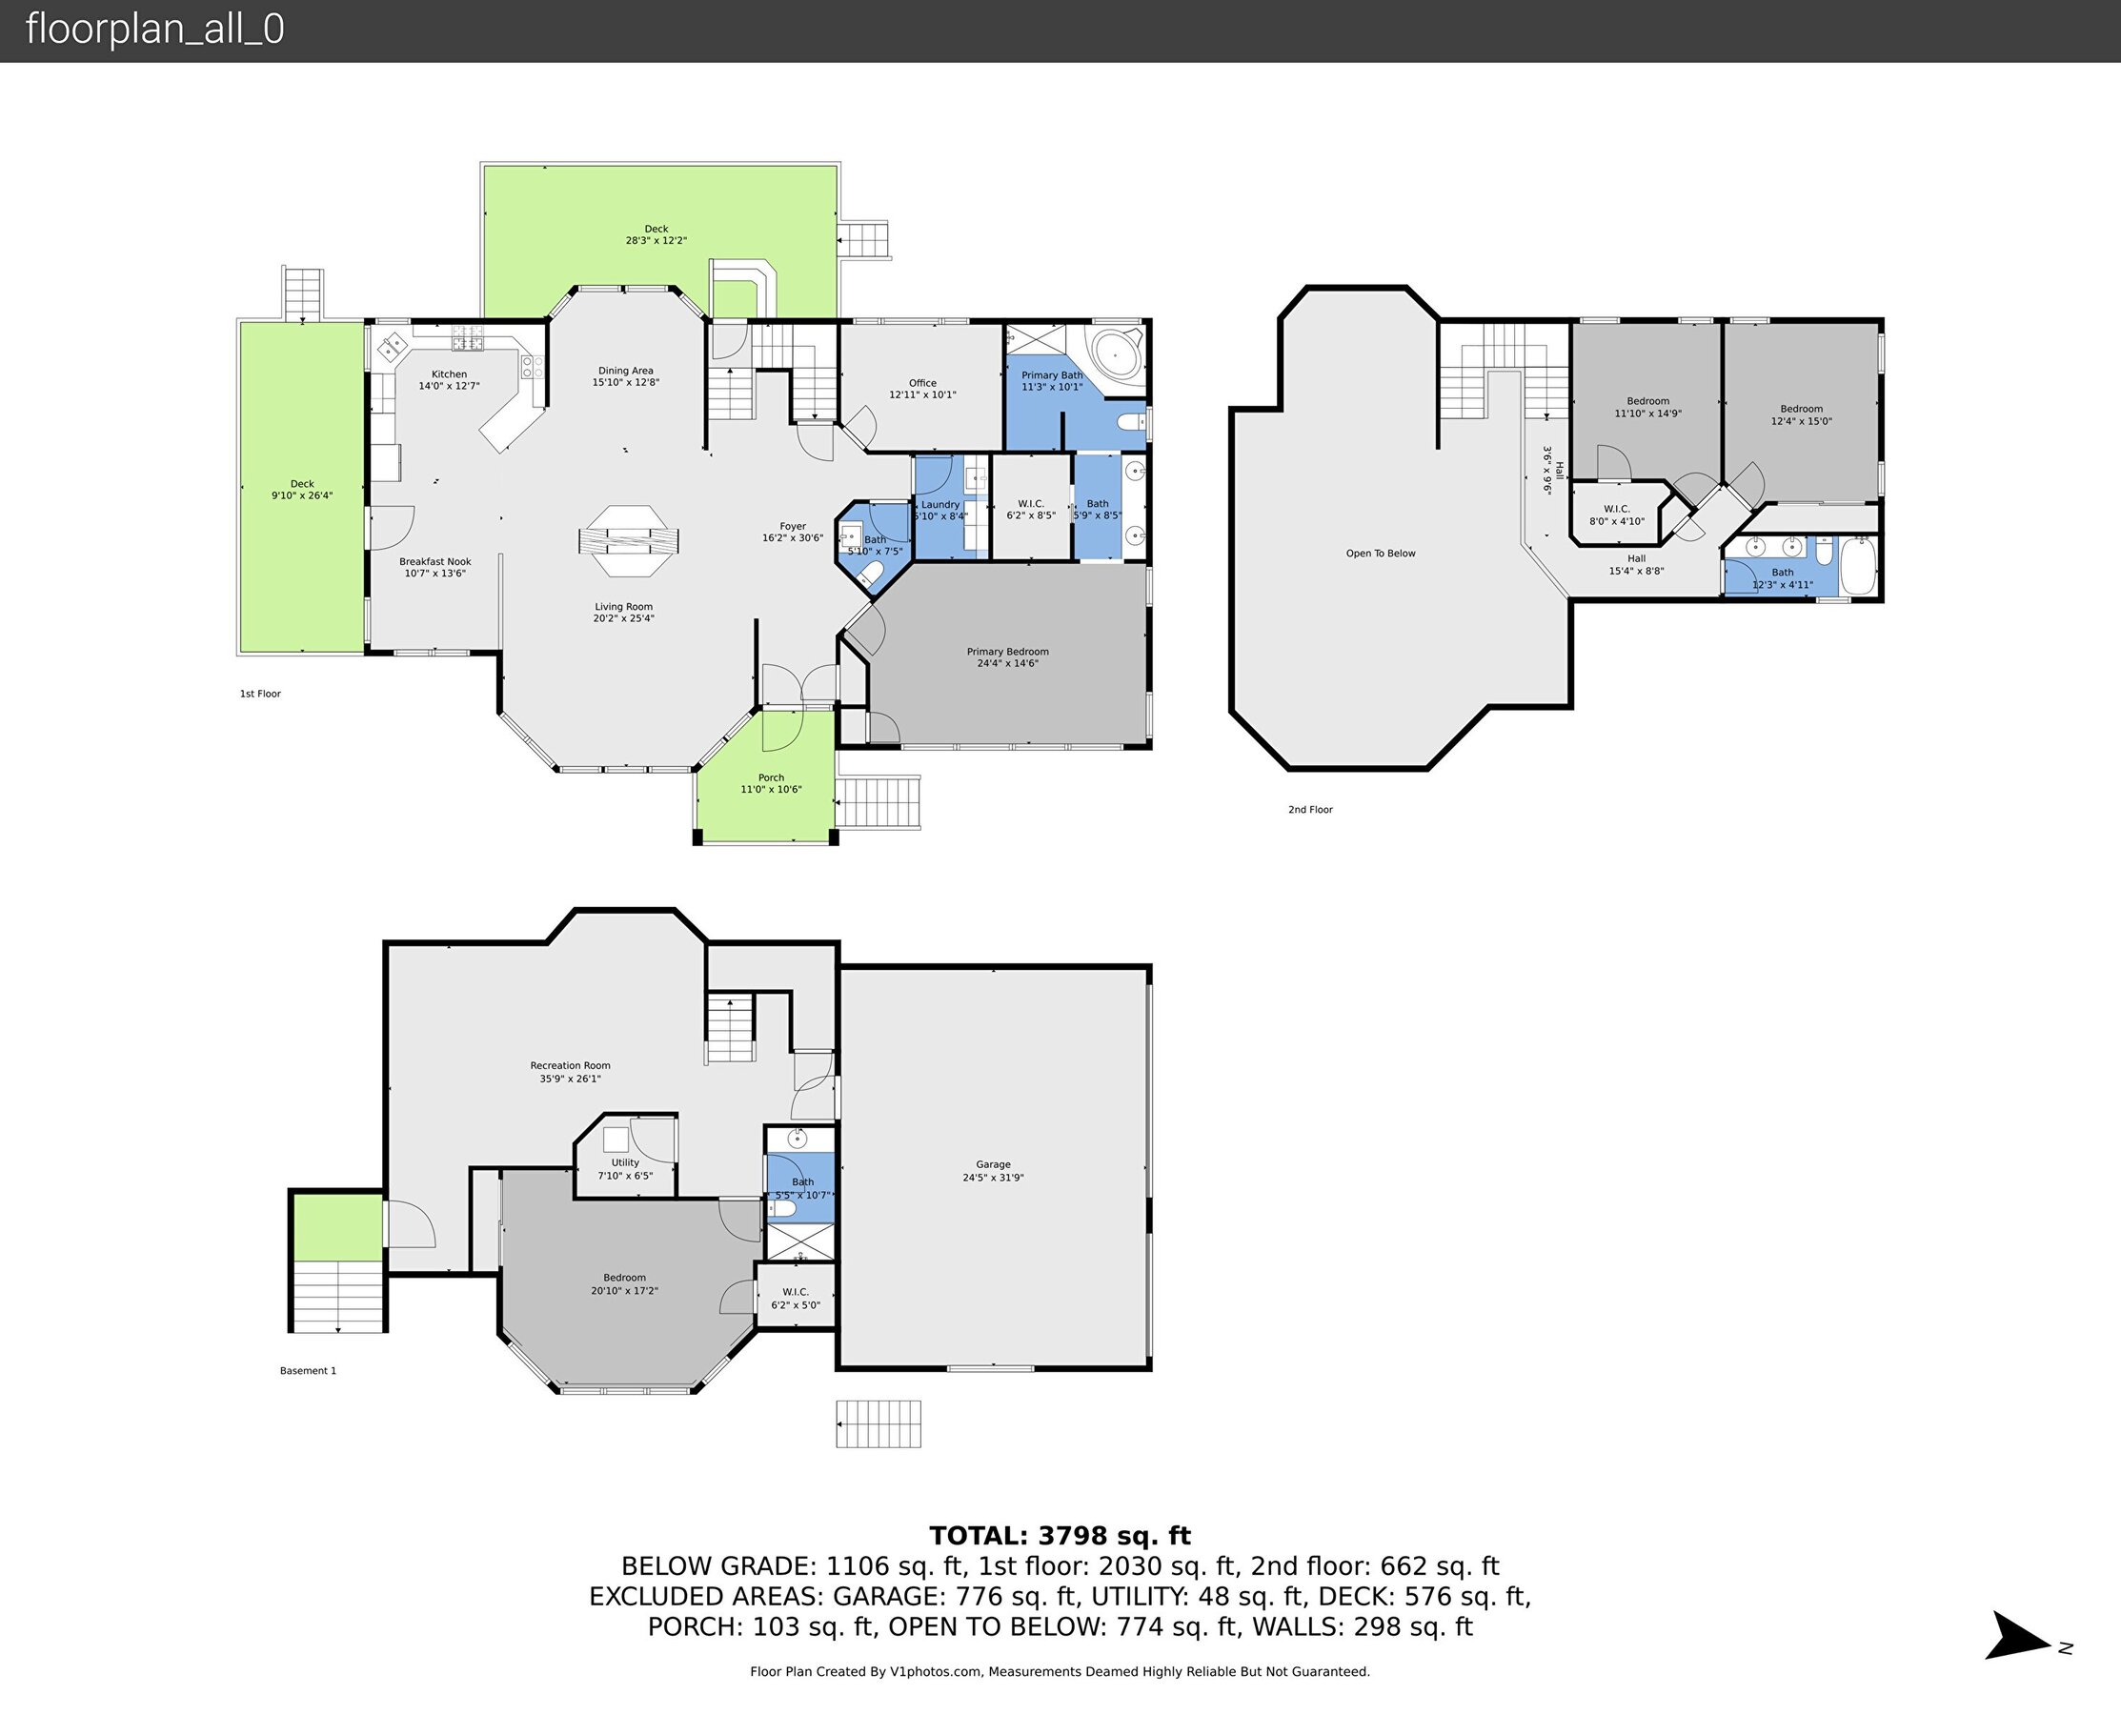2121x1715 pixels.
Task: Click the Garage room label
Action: pyautogui.click(x=993, y=1171)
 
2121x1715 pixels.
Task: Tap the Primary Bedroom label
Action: pyautogui.click(x=1008, y=657)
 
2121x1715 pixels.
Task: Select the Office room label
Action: pyautogui.click(x=922, y=388)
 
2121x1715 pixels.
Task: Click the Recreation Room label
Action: pyautogui.click(x=570, y=1072)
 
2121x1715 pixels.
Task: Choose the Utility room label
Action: pyautogui.click(x=625, y=1169)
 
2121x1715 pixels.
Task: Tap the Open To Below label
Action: pyautogui.click(x=1380, y=554)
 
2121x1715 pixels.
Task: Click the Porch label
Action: pyautogui.click(x=771, y=783)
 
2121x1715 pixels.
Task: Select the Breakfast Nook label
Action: pyautogui.click(x=434, y=567)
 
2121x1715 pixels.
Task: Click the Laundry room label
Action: pyautogui.click(x=939, y=510)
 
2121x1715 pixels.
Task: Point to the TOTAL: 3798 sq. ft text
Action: pyautogui.click(x=1060, y=1536)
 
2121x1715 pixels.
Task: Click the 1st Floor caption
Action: pyautogui.click(x=260, y=694)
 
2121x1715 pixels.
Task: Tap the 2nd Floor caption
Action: pyautogui.click(x=1310, y=809)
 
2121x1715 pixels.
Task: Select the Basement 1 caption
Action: pyautogui.click(x=308, y=1370)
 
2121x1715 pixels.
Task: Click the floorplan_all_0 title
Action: pyautogui.click(x=155, y=29)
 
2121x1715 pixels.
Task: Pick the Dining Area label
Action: pyautogui.click(x=625, y=376)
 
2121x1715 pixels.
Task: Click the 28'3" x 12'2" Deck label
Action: pyautogui.click(x=656, y=234)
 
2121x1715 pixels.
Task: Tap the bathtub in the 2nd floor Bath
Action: pyautogui.click(x=1858, y=565)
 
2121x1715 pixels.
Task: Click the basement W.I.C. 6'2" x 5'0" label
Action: pyautogui.click(x=796, y=1298)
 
